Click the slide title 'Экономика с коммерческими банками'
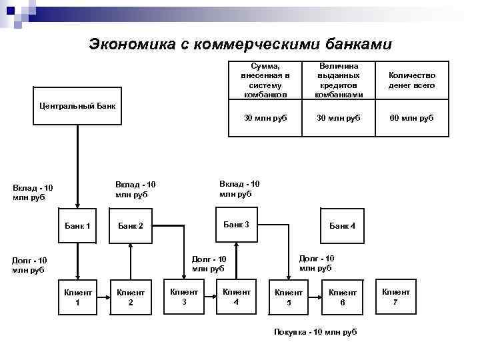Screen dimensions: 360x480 (x=241, y=44)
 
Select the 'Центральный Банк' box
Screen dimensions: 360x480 (x=77, y=105)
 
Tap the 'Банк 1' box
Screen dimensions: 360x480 (x=77, y=226)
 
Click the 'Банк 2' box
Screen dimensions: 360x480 (x=131, y=226)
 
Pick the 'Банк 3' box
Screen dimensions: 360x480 (x=237, y=225)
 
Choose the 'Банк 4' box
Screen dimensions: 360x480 (x=343, y=226)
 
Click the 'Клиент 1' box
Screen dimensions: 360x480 (x=77, y=297)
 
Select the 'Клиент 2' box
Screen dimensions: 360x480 (x=131, y=297)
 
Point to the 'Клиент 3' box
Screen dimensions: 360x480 (x=184, y=296)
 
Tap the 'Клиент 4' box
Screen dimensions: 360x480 (x=237, y=296)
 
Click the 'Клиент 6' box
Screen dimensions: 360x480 (x=343, y=297)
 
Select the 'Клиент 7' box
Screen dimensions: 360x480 (x=396, y=296)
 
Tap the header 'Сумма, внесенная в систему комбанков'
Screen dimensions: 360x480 (x=265, y=81)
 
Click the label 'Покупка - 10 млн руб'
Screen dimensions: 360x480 (x=315, y=331)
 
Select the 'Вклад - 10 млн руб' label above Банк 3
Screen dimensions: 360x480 (x=240, y=189)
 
